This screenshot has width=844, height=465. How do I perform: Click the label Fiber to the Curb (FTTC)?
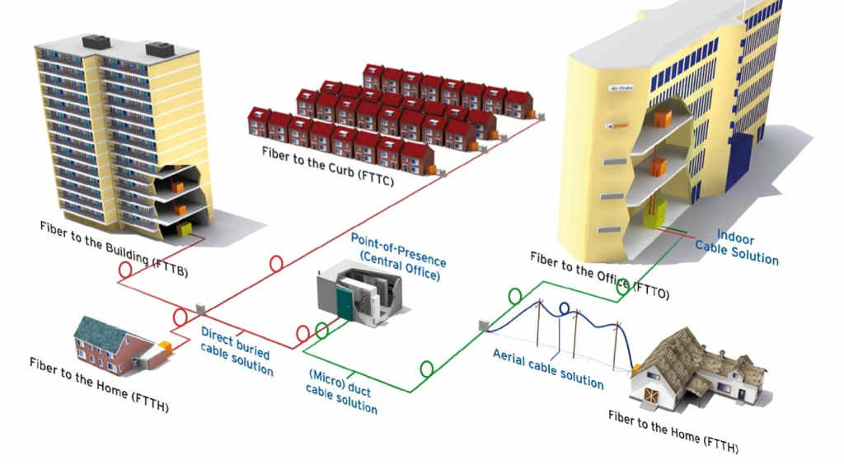326,163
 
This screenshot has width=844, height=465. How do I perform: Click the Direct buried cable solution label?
237,350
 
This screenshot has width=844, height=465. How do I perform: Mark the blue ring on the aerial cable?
565,309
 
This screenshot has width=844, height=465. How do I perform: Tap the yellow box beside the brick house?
164,348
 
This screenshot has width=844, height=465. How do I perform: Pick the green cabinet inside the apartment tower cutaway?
185,227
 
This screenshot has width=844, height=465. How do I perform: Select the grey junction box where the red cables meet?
199,308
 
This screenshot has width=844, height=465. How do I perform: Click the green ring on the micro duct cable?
426,369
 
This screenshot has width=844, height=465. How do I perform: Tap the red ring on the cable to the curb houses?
275,264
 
